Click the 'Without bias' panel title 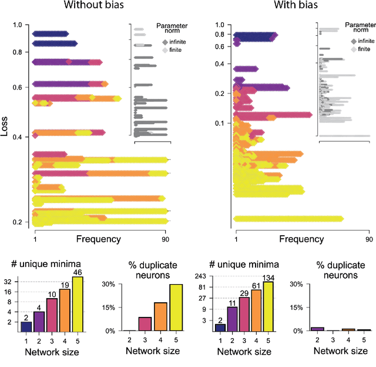(x=98, y=6)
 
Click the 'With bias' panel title (x=286, y=6)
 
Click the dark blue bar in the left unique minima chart (x=25, y=326)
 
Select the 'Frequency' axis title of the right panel (x=300, y=239)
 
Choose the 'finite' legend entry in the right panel (x=362, y=50)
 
